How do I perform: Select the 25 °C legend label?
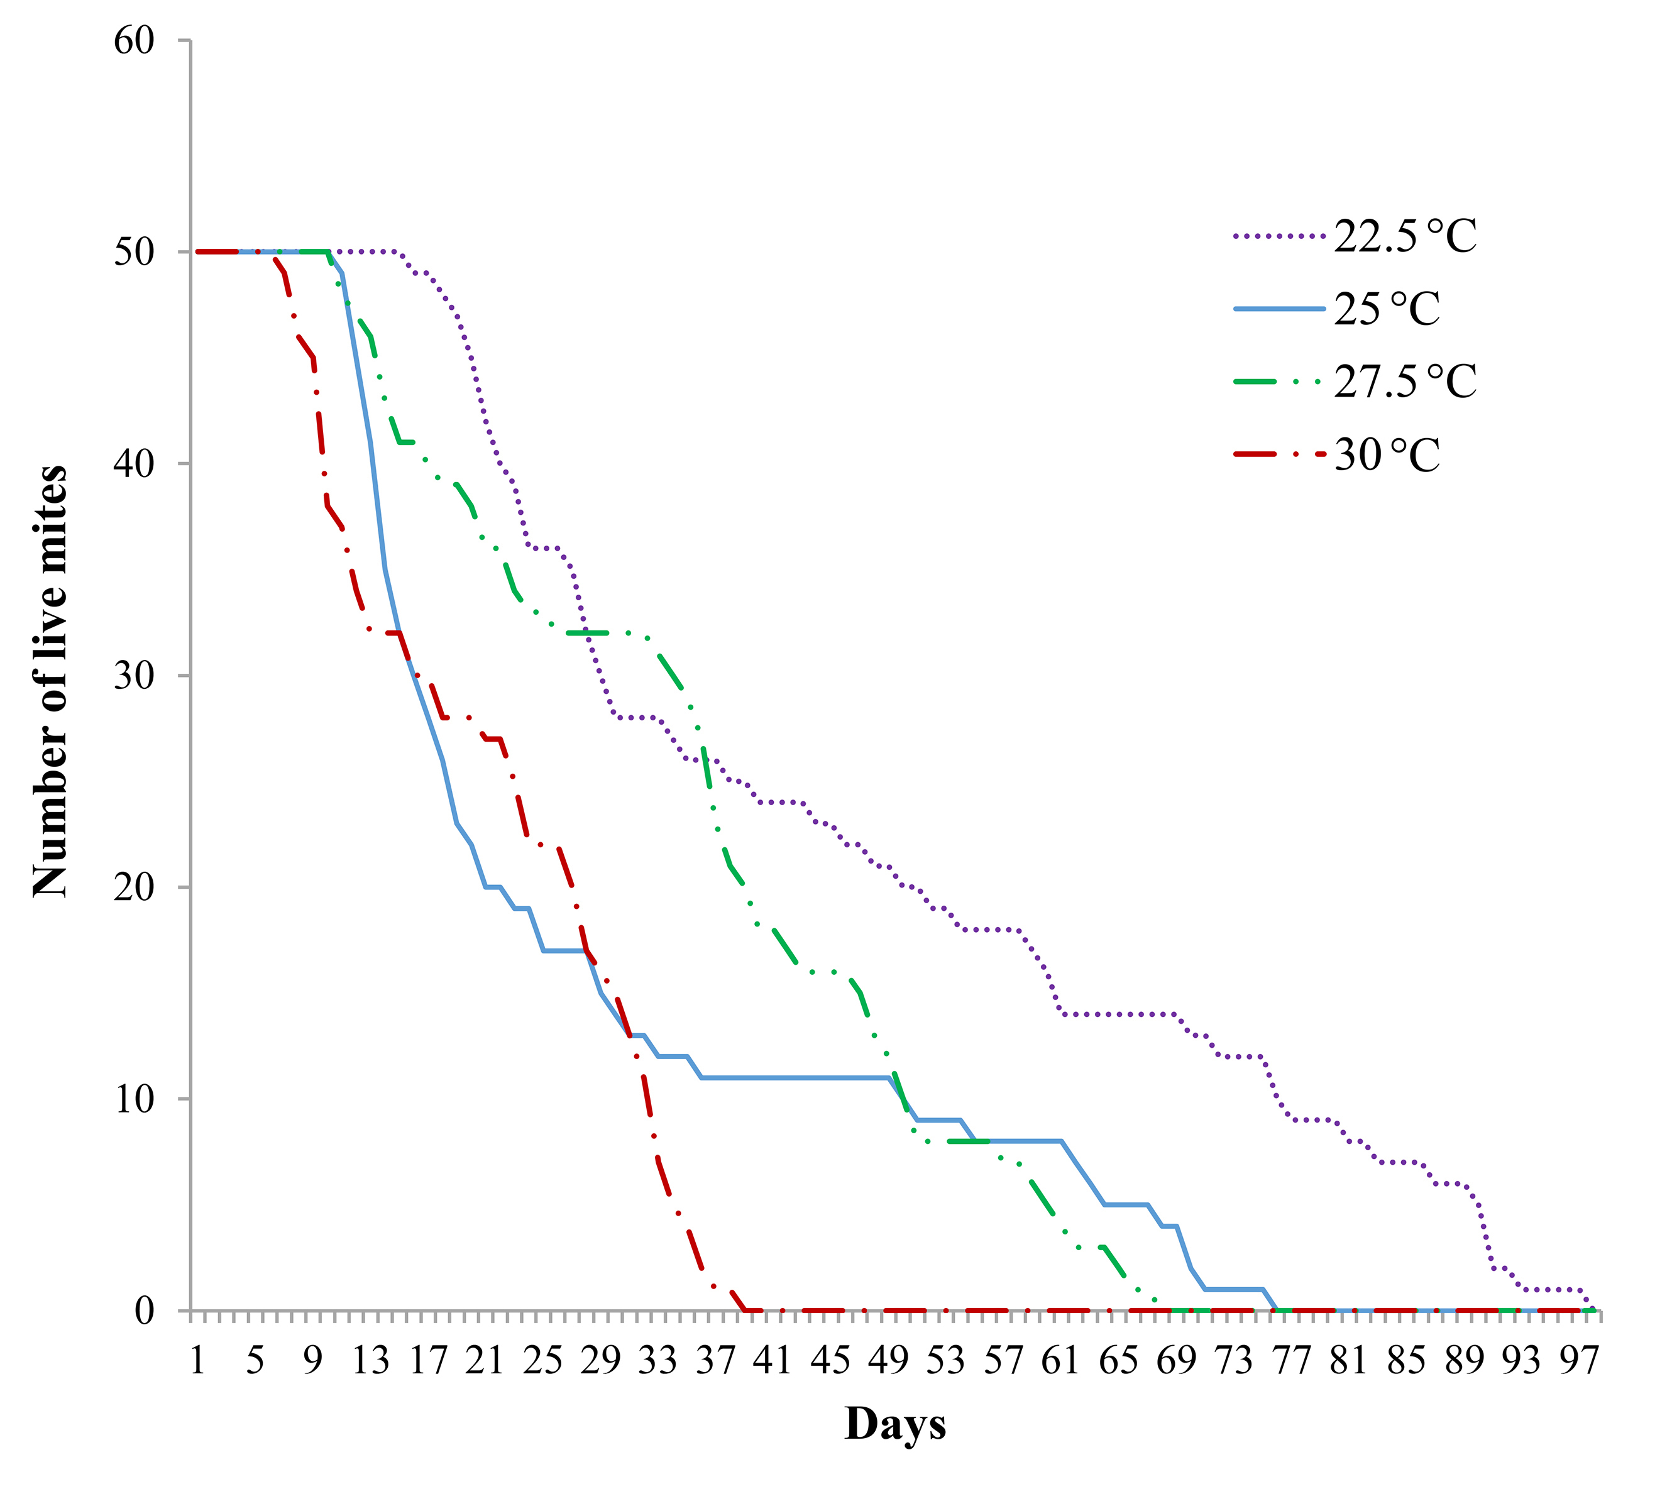[x=1387, y=309]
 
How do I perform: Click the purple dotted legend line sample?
[x=1279, y=236]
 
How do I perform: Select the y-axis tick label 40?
[x=133, y=463]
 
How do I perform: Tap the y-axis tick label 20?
[x=133, y=887]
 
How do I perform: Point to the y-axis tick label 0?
[x=144, y=1310]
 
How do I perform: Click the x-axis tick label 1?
[x=197, y=1361]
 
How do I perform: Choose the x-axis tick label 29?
[x=600, y=1361]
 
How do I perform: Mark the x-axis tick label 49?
[x=888, y=1361]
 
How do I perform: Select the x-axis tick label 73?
[x=1233, y=1361]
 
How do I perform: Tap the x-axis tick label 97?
[x=1579, y=1361]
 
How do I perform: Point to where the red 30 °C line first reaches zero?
[x=744, y=1310]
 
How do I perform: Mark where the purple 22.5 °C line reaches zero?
[x=1594, y=1310]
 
